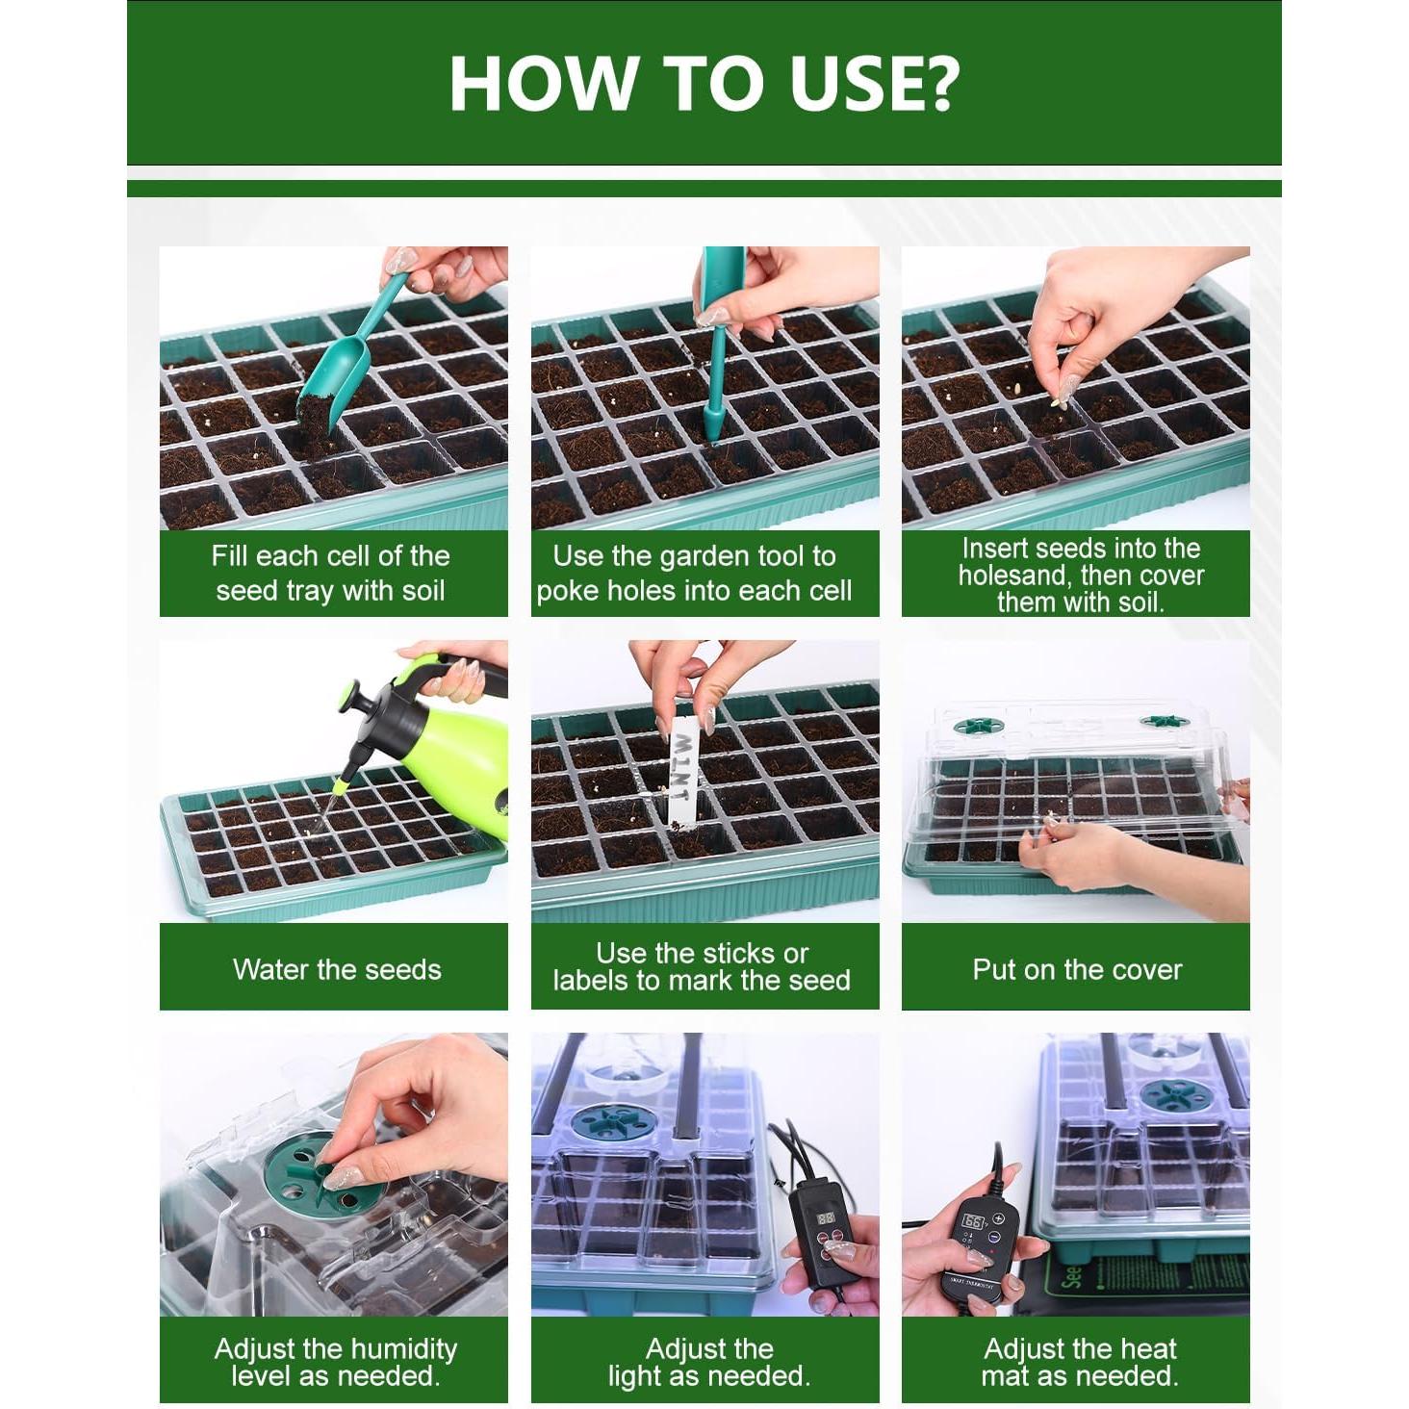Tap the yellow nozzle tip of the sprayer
339,787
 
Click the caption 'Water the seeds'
337,969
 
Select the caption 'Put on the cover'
1077,969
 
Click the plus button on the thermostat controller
998,1218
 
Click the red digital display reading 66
973,1222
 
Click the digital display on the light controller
826,1219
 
